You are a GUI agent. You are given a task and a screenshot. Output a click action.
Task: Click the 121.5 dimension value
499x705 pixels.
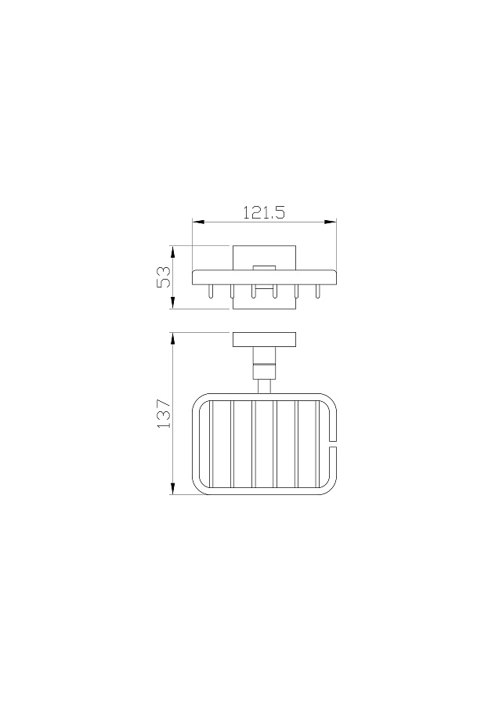point(264,211)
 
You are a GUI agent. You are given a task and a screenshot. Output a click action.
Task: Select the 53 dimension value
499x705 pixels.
point(164,277)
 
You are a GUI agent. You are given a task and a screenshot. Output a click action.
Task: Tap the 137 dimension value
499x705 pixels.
point(164,413)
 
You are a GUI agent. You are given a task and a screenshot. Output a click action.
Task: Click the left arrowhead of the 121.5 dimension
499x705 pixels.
point(198,222)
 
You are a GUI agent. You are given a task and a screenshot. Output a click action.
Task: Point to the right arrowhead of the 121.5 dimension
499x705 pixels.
point(331,222)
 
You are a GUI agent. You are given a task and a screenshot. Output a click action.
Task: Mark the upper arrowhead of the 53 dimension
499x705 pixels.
point(172,251)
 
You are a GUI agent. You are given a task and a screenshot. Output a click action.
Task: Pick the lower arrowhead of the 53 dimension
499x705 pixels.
point(172,303)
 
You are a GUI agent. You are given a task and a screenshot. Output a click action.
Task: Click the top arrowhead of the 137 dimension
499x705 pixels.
point(172,338)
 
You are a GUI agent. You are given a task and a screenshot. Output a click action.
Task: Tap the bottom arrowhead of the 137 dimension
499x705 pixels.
point(172,489)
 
